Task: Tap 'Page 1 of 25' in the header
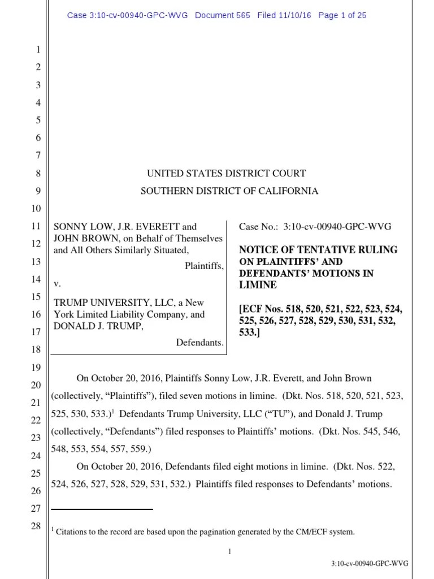click(342, 15)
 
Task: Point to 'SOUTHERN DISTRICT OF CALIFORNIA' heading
click(229, 191)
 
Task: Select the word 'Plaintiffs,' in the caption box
click(204, 265)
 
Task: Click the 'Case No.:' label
click(257, 227)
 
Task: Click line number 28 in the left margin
click(35, 526)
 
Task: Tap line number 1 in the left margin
click(37, 50)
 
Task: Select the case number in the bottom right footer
click(370, 564)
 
